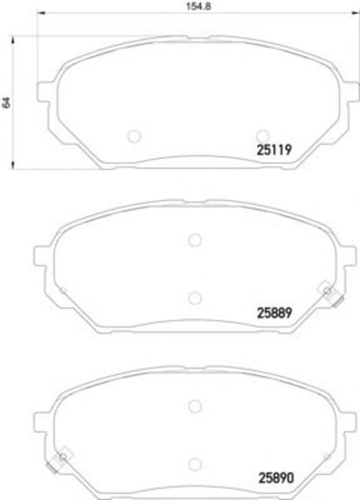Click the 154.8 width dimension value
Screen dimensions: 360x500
pos(198,6)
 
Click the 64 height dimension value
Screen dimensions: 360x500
pos(6,102)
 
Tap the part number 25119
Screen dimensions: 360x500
pos(274,150)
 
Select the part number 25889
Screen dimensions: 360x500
pos(274,313)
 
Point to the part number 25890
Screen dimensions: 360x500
pos(276,478)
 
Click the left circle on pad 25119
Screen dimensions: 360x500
pos(134,136)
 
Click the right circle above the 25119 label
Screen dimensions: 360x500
pos(263,136)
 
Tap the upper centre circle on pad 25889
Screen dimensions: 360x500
pos(194,240)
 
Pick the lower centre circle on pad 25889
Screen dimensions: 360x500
pos(194,298)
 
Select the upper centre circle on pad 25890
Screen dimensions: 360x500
pos(194,406)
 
